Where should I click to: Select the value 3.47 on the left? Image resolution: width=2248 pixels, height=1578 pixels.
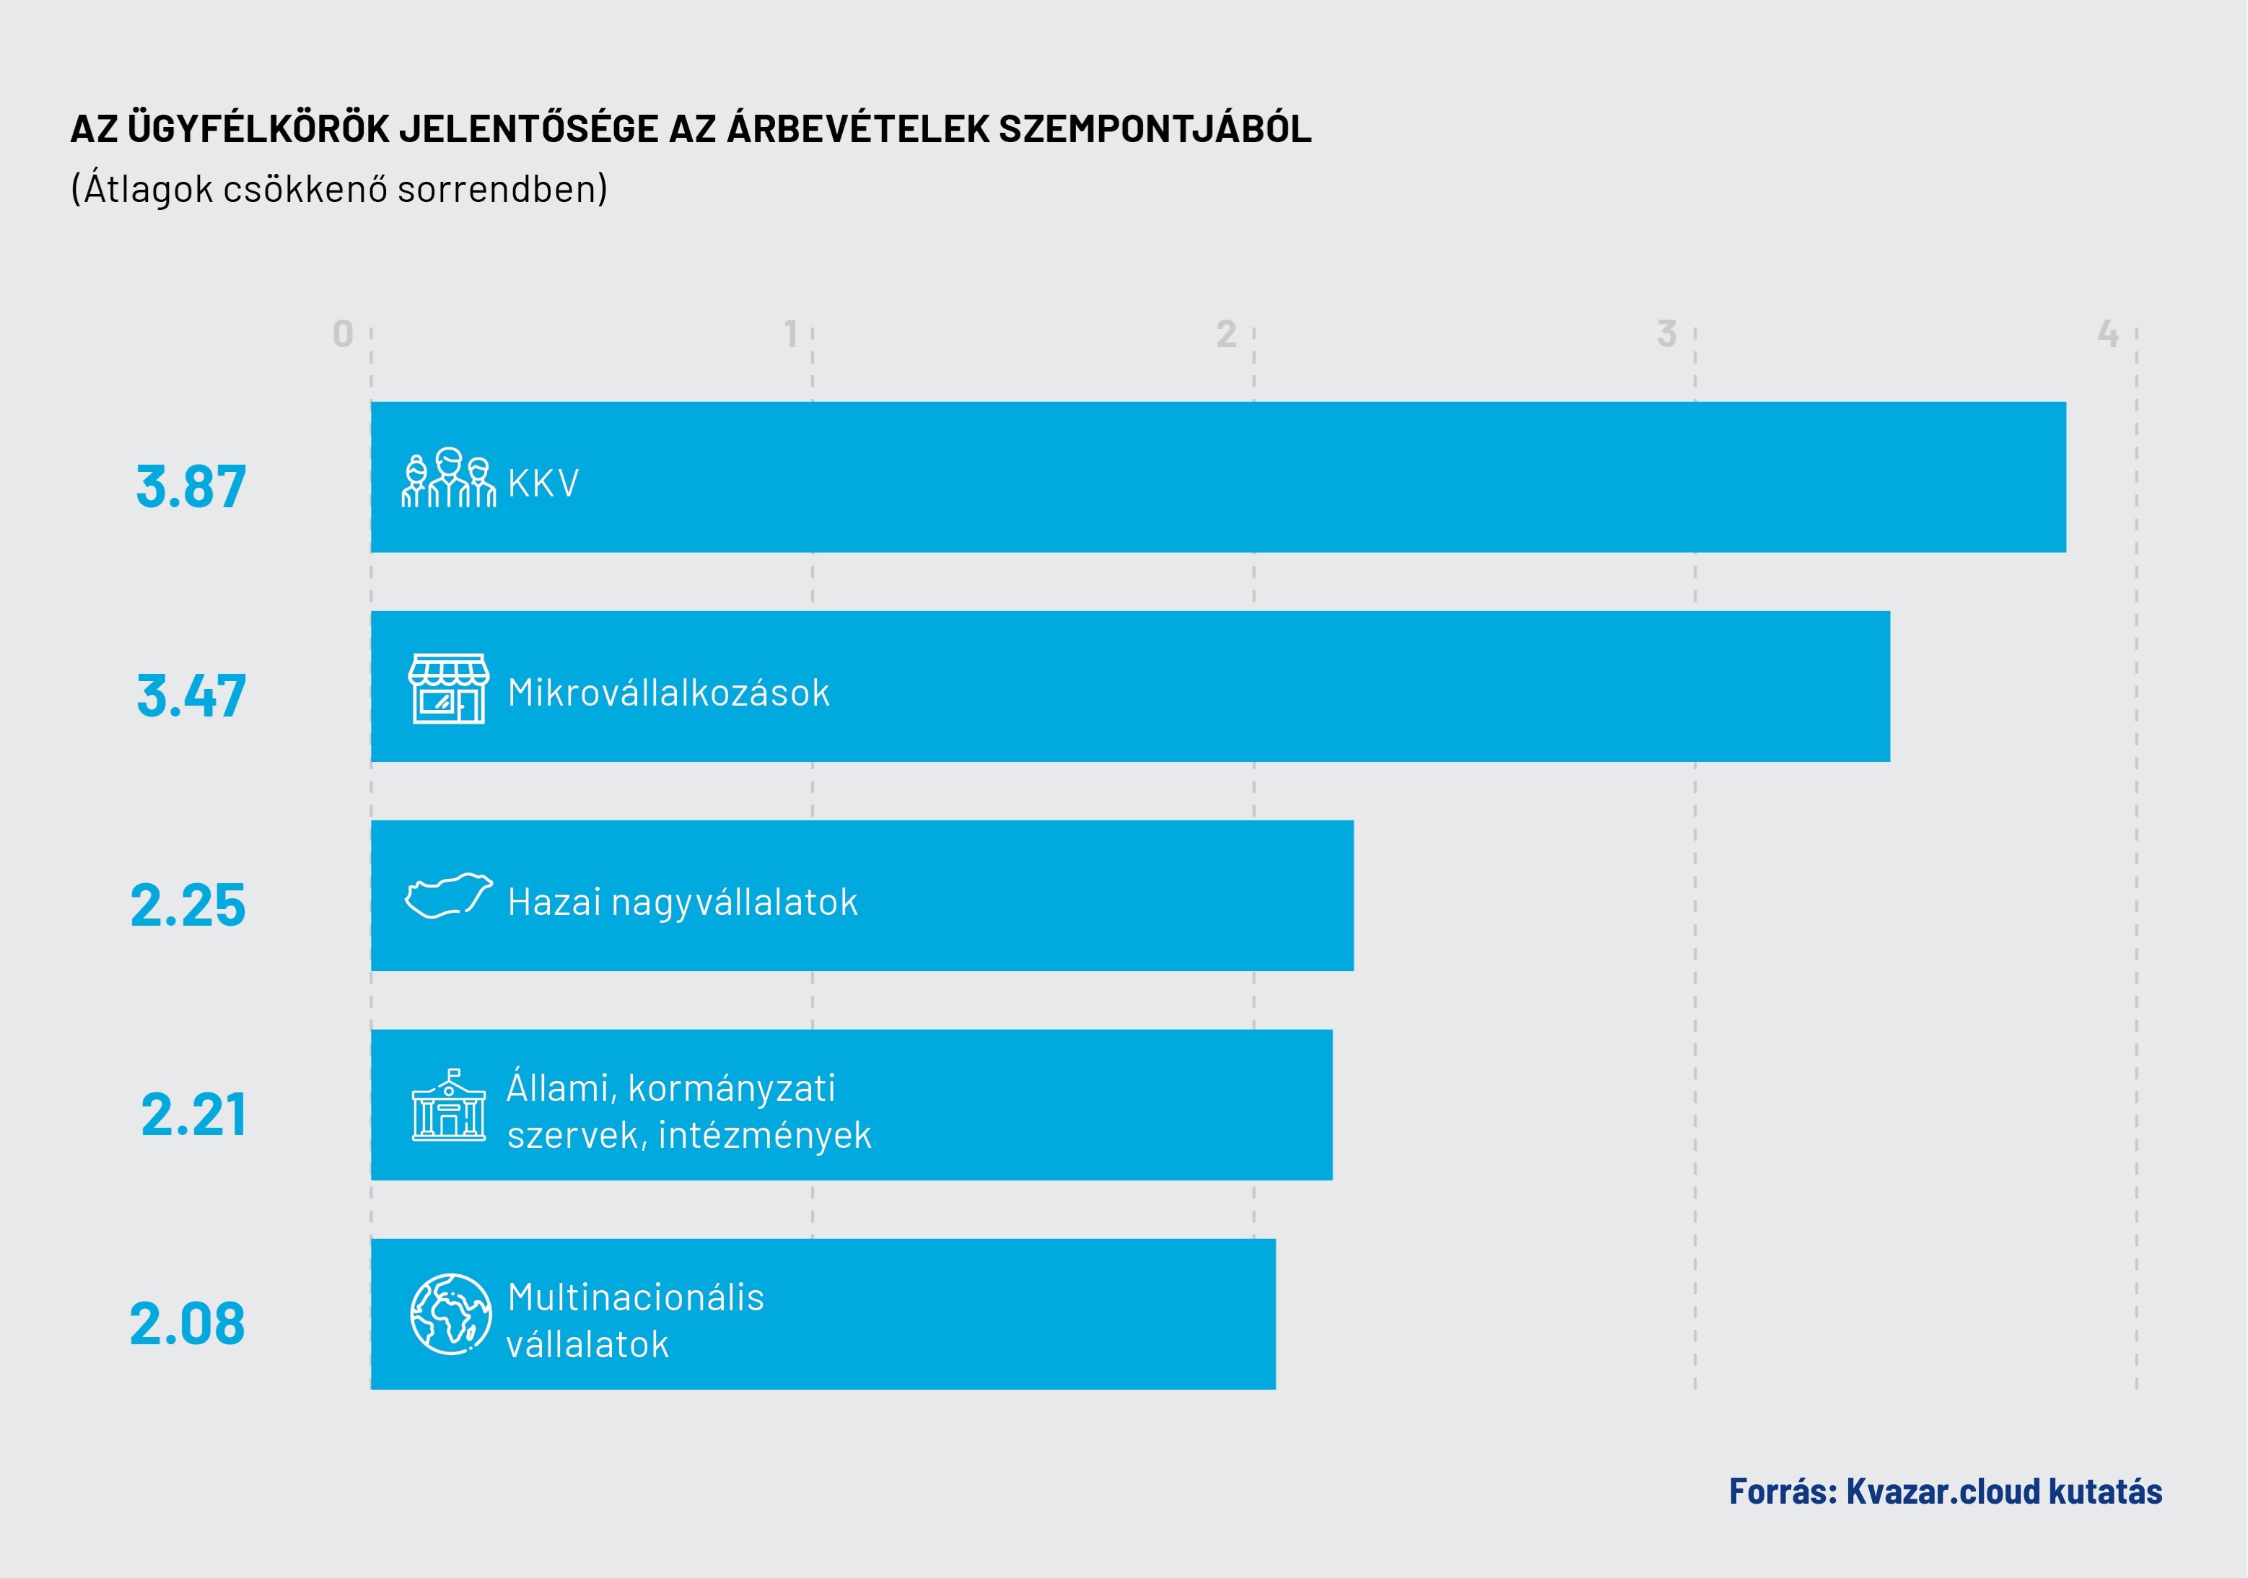click(x=191, y=696)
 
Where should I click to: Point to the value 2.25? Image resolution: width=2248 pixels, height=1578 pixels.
click(x=188, y=906)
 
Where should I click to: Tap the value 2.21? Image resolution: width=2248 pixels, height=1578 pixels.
click(x=194, y=1115)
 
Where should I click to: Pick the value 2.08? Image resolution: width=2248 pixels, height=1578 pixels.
click(x=188, y=1325)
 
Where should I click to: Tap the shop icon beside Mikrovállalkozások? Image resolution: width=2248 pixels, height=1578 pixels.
click(x=448, y=689)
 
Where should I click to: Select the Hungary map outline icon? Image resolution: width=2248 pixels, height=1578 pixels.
click(x=448, y=895)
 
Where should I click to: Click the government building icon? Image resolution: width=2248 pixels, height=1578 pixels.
click(x=448, y=1105)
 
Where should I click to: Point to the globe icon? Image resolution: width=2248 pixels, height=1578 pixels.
click(x=450, y=1314)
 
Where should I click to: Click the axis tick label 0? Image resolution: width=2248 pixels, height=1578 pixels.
click(x=343, y=335)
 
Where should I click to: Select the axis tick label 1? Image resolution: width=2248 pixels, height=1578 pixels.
click(x=791, y=335)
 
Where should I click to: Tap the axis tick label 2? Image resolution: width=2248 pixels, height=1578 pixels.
click(x=1226, y=335)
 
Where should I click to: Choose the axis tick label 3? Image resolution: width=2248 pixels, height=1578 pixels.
click(x=1666, y=335)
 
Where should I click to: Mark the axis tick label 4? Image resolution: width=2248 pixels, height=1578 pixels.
click(x=2107, y=335)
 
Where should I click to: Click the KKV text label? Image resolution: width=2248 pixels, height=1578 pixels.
click(x=543, y=483)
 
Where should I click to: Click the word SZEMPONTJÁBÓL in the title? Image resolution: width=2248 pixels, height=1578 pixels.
click(x=1155, y=129)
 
